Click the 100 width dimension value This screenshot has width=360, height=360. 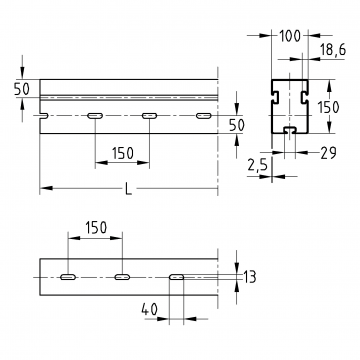coord(290,36)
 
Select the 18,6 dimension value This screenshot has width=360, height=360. coord(333,50)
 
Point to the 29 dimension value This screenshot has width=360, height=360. coord(328,153)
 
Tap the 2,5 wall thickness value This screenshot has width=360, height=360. coord(258,165)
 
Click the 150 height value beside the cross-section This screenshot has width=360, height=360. coord(328,107)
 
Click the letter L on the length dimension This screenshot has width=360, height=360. coord(129,189)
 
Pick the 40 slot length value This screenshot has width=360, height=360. coord(149,310)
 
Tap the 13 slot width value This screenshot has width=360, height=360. coord(249,277)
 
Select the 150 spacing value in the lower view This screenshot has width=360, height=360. coord(96,228)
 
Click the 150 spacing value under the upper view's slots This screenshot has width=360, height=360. coord(123,153)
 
